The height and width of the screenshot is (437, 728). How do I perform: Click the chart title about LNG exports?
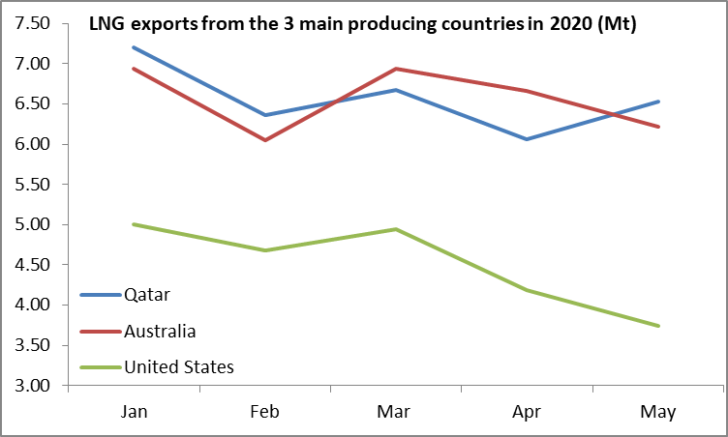(x=363, y=25)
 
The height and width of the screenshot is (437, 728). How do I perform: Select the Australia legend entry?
(x=160, y=331)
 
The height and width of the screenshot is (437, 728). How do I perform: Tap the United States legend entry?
(x=179, y=366)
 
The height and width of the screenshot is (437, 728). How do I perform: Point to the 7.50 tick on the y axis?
(x=33, y=24)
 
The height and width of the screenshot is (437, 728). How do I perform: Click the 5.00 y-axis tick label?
(x=33, y=225)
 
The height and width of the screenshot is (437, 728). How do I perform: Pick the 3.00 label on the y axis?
(x=33, y=386)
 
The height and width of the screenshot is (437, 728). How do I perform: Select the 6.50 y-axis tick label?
(x=33, y=104)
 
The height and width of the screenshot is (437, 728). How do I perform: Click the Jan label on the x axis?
(x=134, y=411)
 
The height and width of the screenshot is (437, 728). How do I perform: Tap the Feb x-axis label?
(x=264, y=411)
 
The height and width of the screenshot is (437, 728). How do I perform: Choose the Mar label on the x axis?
(x=395, y=411)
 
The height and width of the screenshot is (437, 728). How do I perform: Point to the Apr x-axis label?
(x=527, y=411)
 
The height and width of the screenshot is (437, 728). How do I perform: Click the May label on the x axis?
(x=658, y=411)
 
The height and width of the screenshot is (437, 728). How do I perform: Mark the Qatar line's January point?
(x=134, y=47)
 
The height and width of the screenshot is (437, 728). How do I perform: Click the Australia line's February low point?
(x=264, y=140)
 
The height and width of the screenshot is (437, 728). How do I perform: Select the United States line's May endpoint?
(x=658, y=326)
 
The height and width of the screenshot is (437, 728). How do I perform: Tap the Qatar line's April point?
(x=527, y=139)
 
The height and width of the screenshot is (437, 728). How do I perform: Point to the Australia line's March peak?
(x=395, y=69)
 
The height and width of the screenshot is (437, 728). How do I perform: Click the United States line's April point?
(x=527, y=290)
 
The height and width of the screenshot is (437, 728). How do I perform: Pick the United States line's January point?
(x=134, y=224)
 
